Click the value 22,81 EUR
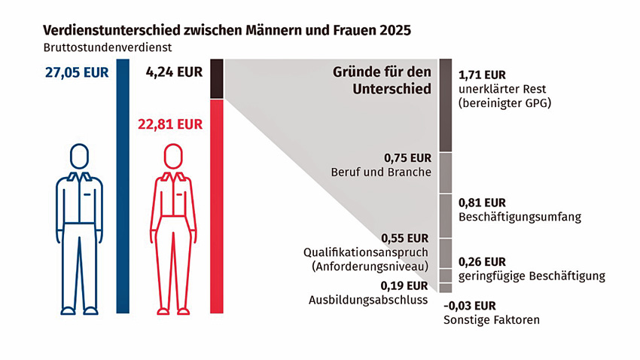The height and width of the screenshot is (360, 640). (x=170, y=124)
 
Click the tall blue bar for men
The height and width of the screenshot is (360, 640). (x=123, y=188)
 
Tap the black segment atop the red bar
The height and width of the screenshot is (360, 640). (x=217, y=79)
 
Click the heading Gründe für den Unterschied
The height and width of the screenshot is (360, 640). (x=382, y=81)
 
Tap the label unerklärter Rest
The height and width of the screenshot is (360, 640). (x=502, y=89)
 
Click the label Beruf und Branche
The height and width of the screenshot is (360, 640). (x=381, y=172)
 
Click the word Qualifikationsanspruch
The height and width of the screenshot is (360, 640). (x=366, y=252)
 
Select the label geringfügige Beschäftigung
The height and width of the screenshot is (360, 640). (x=532, y=276)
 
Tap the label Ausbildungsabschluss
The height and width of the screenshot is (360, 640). (x=368, y=299)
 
